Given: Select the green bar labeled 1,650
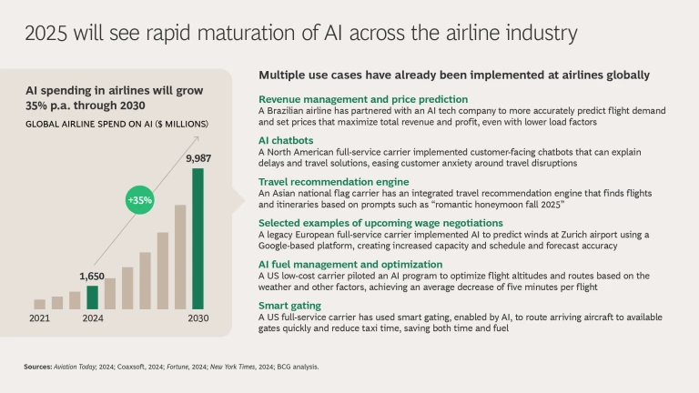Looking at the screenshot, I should click(x=92, y=297).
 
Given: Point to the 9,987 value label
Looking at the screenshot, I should click(x=199, y=159).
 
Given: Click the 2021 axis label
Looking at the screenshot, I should click(x=38, y=319).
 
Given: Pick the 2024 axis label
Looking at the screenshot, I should click(x=92, y=319).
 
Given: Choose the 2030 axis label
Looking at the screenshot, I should click(x=198, y=319).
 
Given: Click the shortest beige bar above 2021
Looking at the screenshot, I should click(x=39, y=304).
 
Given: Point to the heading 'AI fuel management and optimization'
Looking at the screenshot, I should click(x=350, y=264).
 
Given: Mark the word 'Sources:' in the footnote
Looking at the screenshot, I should click(x=41, y=367).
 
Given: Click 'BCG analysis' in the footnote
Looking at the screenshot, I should click(x=306, y=367).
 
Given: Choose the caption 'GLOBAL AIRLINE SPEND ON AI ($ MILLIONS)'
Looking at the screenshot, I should click(x=117, y=123).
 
